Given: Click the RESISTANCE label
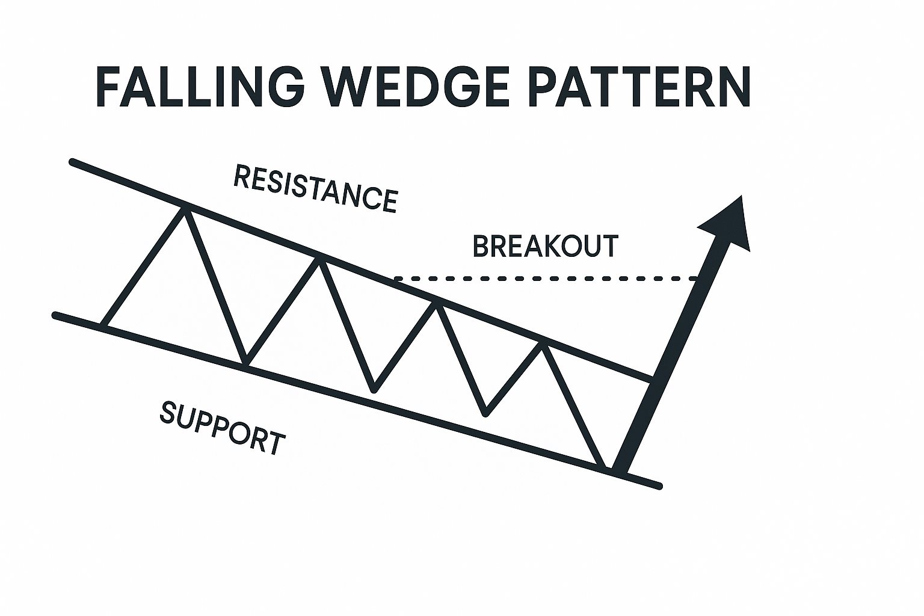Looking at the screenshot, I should point(315,189).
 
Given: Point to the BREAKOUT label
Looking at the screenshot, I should point(546,247).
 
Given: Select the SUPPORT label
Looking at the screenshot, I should point(222,428).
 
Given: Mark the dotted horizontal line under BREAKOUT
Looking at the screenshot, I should point(541,279).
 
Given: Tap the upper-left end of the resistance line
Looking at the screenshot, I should point(73,162).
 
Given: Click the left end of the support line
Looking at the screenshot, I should point(55,315).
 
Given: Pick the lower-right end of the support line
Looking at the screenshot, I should point(659,486).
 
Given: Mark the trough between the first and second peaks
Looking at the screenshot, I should point(245,363).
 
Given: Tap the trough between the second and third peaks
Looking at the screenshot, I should point(374,390).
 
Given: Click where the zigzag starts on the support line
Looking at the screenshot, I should point(103,325).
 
